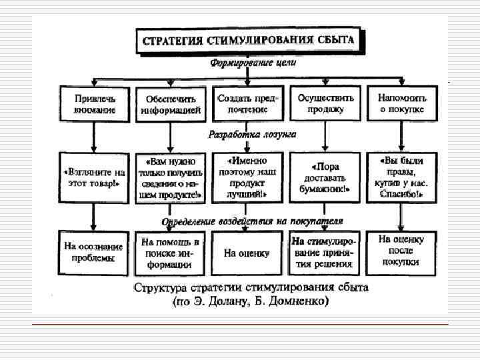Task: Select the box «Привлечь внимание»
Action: [x=95, y=103]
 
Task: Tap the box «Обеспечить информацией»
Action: [x=171, y=105]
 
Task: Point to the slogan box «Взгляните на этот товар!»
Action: [x=95, y=177]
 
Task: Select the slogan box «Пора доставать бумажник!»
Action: [x=325, y=177]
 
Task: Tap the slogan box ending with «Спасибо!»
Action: [x=401, y=177]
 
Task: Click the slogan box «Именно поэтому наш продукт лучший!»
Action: [x=248, y=177]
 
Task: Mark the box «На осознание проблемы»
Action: [x=95, y=251]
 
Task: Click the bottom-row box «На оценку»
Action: [x=247, y=253]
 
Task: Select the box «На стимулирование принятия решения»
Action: [x=324, y=252]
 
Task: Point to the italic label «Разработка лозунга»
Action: [x=252, y=134]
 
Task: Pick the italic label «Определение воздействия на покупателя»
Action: [x=252, y=220]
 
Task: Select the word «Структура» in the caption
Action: [x=160, y=289]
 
